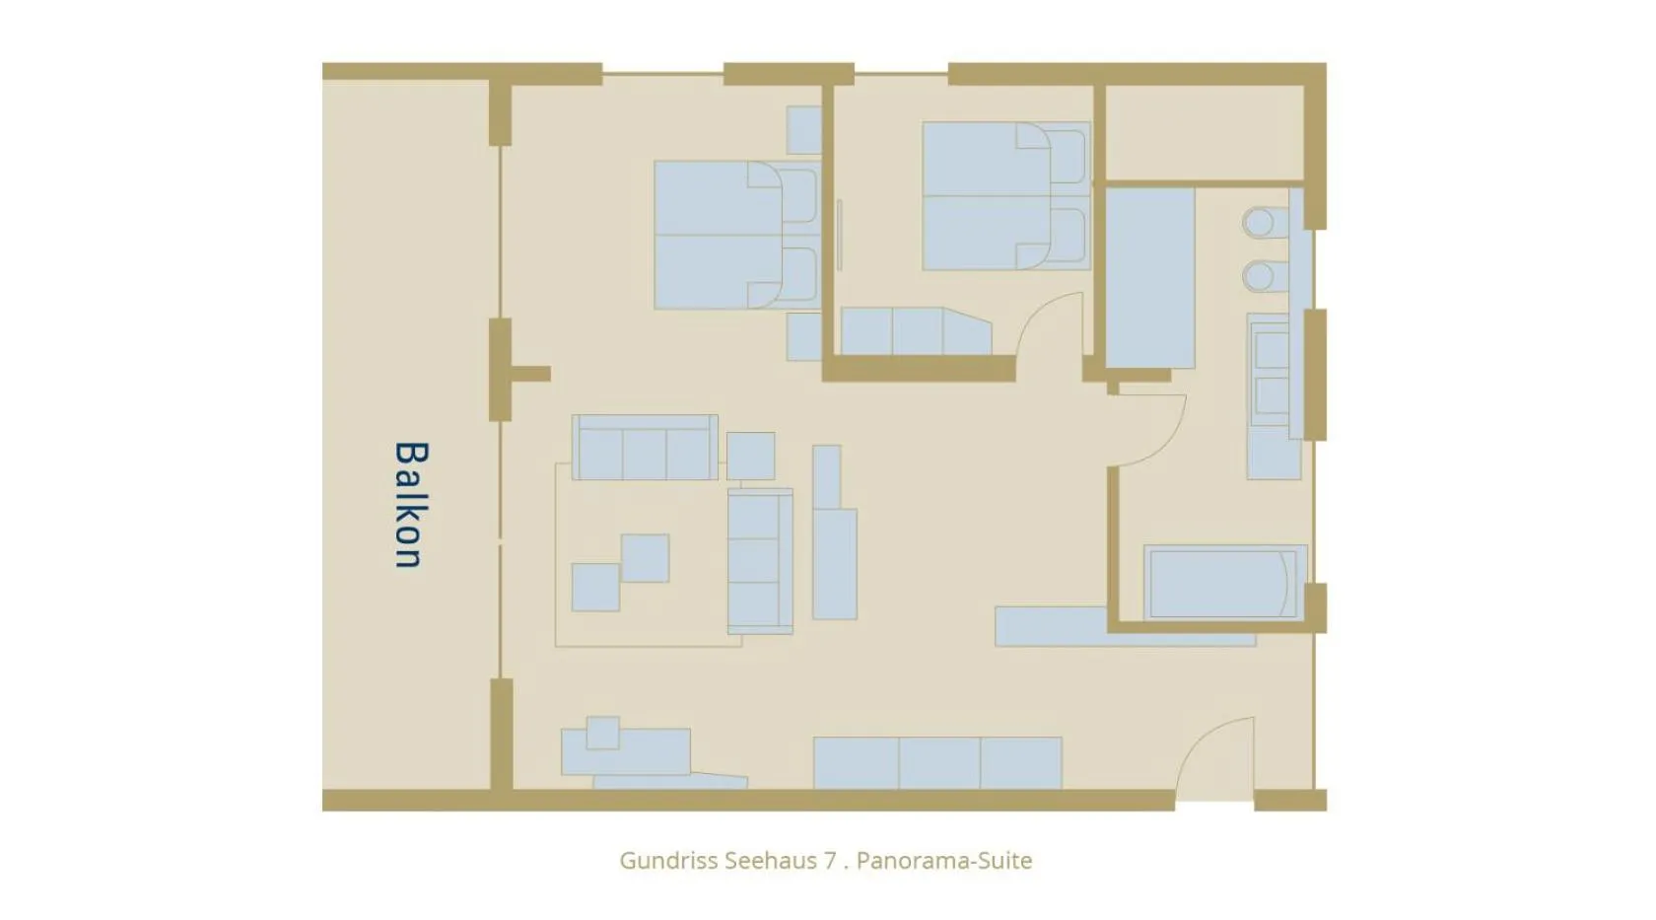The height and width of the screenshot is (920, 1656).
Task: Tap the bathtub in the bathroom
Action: pos(1222,584)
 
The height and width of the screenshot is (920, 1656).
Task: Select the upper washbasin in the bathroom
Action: pos(1260,223)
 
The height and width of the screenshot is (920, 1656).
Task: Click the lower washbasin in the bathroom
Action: pos(1260,276)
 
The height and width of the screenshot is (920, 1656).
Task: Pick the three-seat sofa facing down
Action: pos(645,449)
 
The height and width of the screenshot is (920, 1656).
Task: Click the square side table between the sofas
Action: pos(750,456)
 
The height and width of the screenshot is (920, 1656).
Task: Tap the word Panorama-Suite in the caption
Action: pos(943,860)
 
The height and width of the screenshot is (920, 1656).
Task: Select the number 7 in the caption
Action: pos(830,860)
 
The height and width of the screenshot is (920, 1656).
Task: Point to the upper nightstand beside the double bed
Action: pos(803,130)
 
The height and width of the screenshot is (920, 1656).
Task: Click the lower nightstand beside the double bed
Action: pos(803,337)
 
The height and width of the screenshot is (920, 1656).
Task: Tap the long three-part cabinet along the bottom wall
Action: pos(937,762)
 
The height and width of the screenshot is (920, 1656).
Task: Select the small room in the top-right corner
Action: pos(1204,133)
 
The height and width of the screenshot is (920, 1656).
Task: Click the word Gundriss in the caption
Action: pos(668,860)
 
